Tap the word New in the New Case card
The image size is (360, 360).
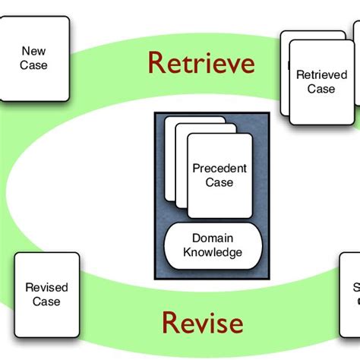33,52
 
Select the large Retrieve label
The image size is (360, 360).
201,62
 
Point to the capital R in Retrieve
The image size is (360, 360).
156,62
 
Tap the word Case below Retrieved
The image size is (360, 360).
321,88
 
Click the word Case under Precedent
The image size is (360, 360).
219,182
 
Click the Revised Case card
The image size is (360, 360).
46,293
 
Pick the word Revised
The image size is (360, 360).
46,287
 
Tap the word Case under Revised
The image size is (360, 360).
46,301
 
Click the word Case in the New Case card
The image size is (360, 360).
33,65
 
